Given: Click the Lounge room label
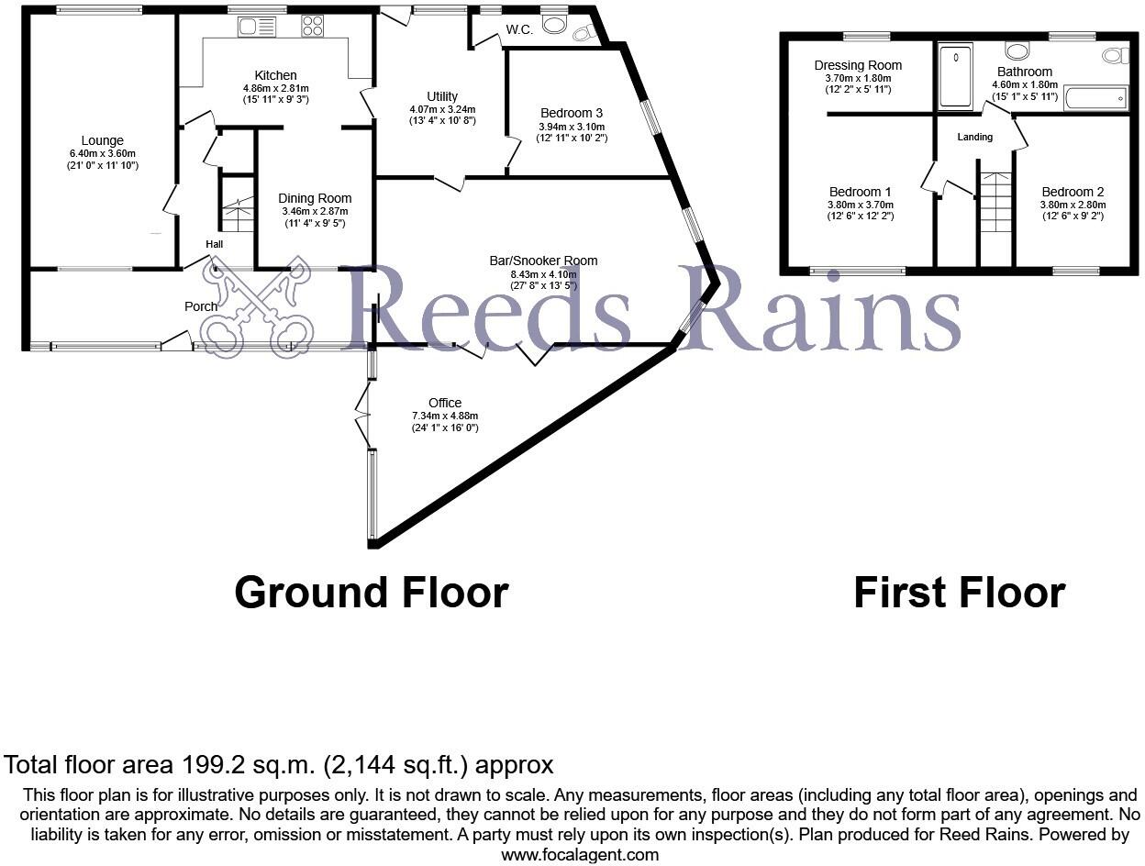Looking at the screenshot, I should [x=102, y=140].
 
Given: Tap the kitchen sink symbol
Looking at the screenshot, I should [x=257, y=27].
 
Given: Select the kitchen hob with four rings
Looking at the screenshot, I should [x=312, y=27].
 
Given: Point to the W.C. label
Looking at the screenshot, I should [x=519, y=30].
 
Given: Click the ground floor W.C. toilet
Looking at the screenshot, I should [x=581, y=34].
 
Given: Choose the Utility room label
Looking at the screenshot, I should [x=441, y=96].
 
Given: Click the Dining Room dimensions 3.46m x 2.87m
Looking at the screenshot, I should [x=314, y=211].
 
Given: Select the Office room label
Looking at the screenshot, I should [x=445, y=403].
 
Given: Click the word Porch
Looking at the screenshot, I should [x=201, y=306].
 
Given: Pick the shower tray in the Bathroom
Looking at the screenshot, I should [x=955, y=75].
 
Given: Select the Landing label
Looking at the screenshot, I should [x=974, y=137].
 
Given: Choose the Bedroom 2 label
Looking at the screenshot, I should [x=1073, y=192].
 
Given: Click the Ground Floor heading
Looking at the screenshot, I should [x=371, y=593].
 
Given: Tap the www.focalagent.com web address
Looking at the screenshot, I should [x=580, y=855].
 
